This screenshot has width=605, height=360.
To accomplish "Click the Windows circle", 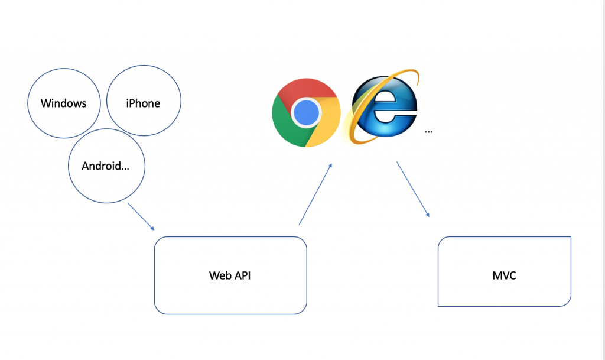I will (x=63, y=103).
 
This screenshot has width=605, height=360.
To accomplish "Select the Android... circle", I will (x=106, y=166).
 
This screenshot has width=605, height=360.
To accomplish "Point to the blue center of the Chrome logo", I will (x=306, y=112).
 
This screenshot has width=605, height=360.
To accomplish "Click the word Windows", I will (x=63, y=103).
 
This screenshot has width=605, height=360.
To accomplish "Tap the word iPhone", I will (x=143, y=103).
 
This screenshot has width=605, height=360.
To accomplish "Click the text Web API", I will (x=230, y=275).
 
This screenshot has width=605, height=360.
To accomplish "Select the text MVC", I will (x=504, y=275).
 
